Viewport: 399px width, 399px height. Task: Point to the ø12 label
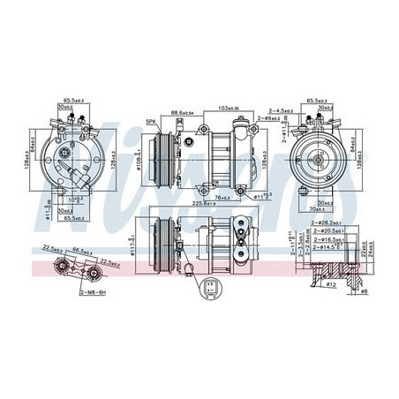tap(331, 285)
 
